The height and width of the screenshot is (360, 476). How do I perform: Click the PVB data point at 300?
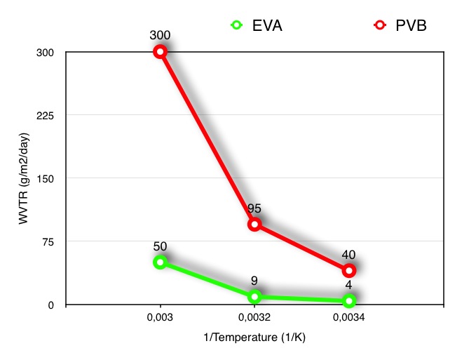pyautogui.click(x=161, y=51)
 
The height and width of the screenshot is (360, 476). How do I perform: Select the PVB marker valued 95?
pyautogui.click(x=254, y=224)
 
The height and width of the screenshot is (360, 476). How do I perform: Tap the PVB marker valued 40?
pyautogui.click(x=348, y=270)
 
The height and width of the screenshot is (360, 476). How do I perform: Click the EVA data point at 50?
pyautogui.click(x=161, y=262)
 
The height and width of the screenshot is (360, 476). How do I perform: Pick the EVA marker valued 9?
pyautogui.click(x=254, y=296)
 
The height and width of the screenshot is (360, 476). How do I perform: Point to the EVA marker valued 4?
pyautogui.click(x=348, y=300)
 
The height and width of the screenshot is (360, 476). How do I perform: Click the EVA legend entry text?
pyautogui.click(x=266, y=26)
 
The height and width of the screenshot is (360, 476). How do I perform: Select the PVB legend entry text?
pyautogui.click(x=410, y=26)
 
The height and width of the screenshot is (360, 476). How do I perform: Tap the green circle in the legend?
pyautogui.click(x=237, y=26)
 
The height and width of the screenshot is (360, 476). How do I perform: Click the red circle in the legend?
pyautogui.click(x=379, y=26)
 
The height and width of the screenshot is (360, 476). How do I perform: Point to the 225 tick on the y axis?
pyautogui.click(x=51, y=115)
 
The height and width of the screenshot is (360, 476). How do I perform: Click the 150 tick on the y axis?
pyautogui.click(x=51, y=178)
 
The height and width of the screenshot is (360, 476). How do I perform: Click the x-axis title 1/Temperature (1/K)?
pyautogui.click(x=254, y=338)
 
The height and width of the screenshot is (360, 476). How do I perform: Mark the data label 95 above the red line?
pyautogui.click(x=254, y=208)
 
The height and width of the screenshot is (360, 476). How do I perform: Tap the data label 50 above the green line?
pyautogui.click(x=161, y=246)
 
